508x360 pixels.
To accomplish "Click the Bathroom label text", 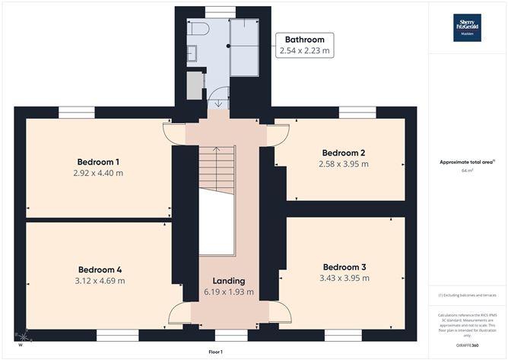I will [x=304, y=40].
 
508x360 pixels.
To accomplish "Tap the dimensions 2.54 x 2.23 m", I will [x=304, y=51].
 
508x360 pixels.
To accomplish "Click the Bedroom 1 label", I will [x=98, y=162].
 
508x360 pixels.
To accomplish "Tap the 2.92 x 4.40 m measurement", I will [x=98, y=174].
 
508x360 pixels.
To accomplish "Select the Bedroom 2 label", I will [x=344, y=151].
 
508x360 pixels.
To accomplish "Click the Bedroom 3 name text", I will [x=344, y=267].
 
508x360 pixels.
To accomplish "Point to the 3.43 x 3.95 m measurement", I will [x=344, y=279].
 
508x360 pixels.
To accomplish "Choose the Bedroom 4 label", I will [x=100, y=269].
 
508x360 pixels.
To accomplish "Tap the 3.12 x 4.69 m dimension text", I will [x=100, y=281].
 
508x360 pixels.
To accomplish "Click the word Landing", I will [x=229, y=281].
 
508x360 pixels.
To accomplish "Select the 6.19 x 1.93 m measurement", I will [x=229, y=292].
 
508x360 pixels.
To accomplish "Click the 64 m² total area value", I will [x=467, y=171].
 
